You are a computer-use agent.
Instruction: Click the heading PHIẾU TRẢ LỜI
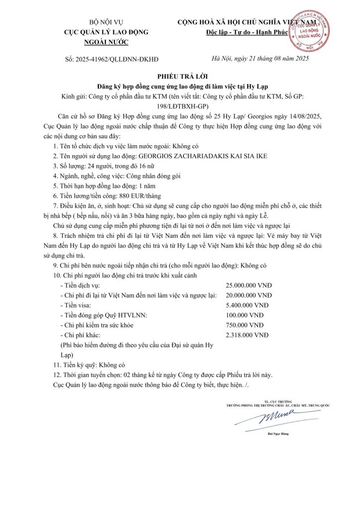click(x=180, y=77)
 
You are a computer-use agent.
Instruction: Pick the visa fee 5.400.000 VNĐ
click(x=247, y=305)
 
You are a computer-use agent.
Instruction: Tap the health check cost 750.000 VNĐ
click(x=244, y=325)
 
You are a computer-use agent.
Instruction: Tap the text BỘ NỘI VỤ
click(x=106, y=22)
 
